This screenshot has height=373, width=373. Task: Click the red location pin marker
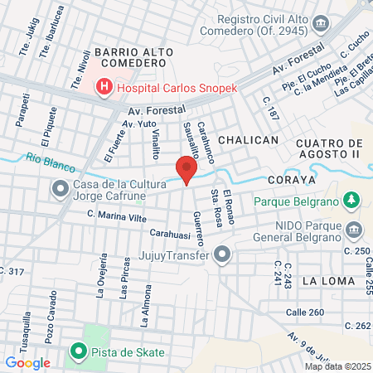186,169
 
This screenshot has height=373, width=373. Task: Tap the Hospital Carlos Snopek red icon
104,85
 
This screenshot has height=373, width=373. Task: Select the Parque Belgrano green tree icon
351,200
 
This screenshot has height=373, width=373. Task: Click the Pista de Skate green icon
79,352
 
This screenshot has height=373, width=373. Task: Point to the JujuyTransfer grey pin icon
221,255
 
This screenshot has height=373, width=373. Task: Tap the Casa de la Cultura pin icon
60,190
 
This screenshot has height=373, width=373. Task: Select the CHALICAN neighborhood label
249,140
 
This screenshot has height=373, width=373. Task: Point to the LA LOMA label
328,281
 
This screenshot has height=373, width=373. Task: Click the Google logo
27,362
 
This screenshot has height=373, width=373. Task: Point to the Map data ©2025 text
337,366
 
